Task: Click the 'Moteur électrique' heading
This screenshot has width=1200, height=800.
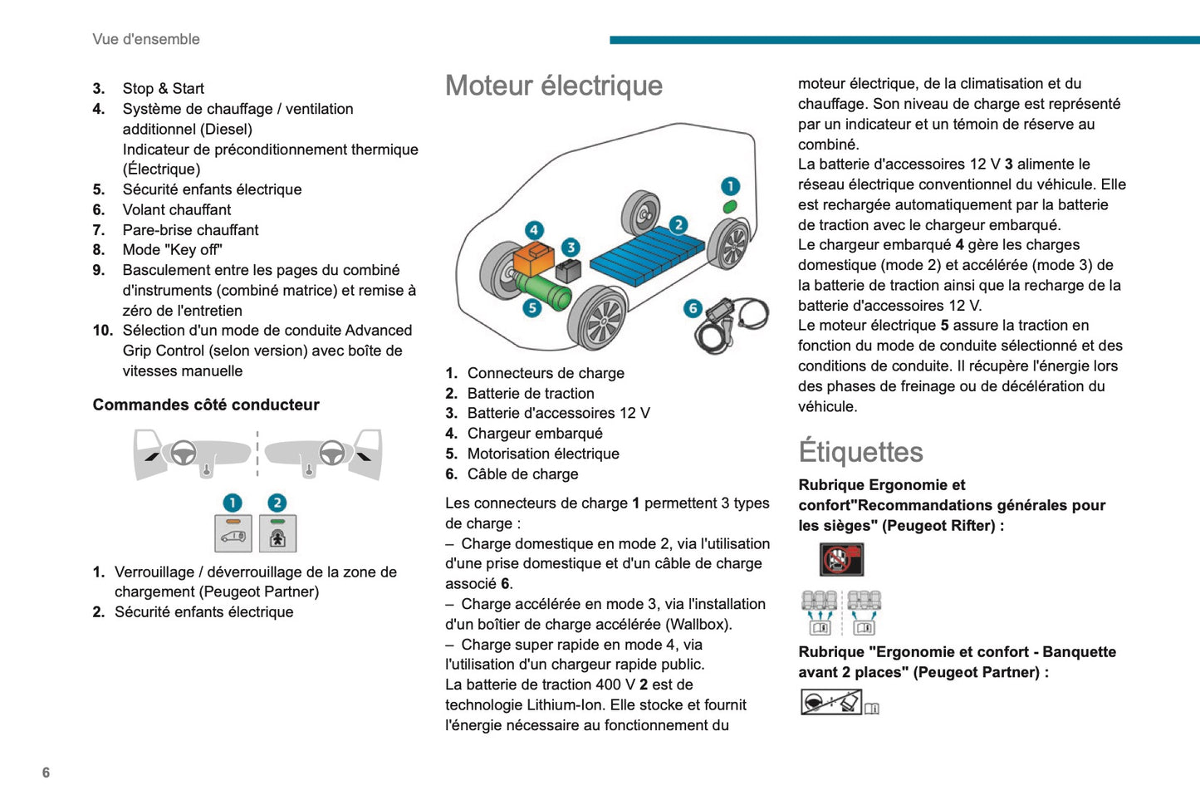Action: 554,86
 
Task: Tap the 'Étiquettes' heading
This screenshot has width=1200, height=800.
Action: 860,452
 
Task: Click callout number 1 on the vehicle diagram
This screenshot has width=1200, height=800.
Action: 730,186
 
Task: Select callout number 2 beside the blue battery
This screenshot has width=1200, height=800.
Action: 678,224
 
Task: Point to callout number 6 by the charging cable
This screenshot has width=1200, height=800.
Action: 693,308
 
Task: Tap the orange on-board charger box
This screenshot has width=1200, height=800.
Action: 532,258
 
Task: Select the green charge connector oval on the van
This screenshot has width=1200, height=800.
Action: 730,206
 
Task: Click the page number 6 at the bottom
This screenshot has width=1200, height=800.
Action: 46,773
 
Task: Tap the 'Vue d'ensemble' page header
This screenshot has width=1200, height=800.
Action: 146,39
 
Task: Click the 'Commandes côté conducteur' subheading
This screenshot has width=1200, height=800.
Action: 206,405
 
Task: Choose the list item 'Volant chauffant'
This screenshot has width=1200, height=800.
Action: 177,209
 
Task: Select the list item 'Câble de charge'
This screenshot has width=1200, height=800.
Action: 522,474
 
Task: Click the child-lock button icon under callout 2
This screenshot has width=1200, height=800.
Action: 277,533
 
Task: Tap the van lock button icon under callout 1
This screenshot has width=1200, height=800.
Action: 233,533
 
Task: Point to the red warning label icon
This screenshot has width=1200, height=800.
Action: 841,560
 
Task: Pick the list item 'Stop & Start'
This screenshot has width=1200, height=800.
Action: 163,89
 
